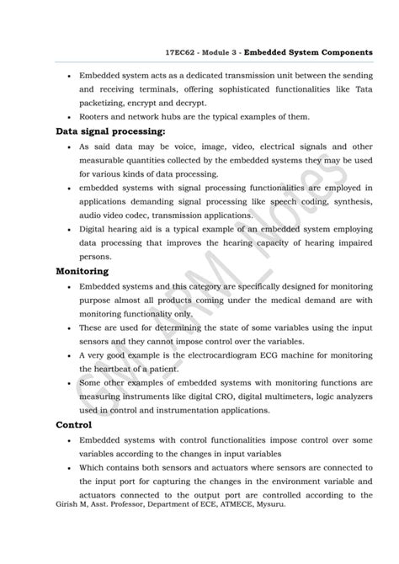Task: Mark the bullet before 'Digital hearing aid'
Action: [67, 228]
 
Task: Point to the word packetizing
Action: [108, 102]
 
